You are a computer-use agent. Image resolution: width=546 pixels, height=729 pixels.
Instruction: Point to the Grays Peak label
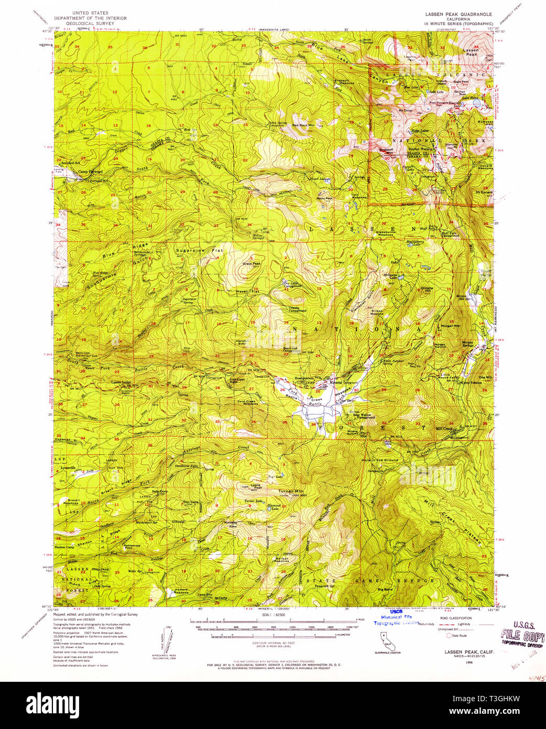251,264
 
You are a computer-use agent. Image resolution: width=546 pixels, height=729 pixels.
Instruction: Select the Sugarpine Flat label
199,251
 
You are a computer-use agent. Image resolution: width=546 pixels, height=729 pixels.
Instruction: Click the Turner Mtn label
291,491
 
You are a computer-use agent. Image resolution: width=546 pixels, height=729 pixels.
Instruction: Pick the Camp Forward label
90,171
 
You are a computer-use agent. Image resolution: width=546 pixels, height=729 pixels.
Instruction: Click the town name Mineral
336,382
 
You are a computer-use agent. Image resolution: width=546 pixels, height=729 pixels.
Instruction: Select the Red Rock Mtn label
303,126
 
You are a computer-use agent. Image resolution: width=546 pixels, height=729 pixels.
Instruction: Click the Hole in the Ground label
379,460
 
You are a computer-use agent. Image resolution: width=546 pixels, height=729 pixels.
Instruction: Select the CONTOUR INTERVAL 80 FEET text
273,642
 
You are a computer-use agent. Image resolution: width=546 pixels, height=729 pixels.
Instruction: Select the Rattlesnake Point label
132,546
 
